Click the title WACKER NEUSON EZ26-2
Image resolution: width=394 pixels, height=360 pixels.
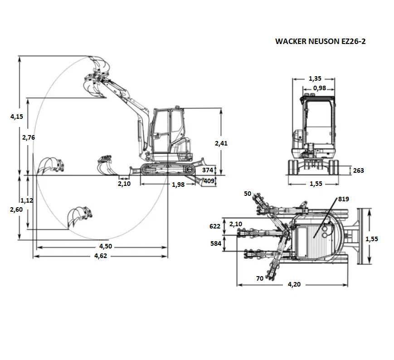pyautogui.click(x=321, y=41)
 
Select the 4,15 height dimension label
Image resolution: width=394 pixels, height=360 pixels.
pyautogui.click(x=17, y=117)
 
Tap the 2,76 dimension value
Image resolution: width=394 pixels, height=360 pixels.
pyautogui.click(x=29, y=137)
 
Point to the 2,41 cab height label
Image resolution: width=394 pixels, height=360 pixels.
pyautogui.click(x=221, y=143)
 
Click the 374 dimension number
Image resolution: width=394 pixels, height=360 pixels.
pyautogui.click(x=208, y=170)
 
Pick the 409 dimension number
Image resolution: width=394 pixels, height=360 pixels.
pyautogui.click(x=209, y=181)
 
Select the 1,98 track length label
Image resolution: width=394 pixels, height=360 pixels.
pyautogui.click(x=178, y=185)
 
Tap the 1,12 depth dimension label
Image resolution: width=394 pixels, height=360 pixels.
pyautogui.click(x=27, y=200)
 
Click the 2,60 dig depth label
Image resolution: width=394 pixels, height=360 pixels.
pyautogui.click(x=16, y=209)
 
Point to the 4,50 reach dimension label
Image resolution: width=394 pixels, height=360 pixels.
pyautogui.click(x=106, y=247)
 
